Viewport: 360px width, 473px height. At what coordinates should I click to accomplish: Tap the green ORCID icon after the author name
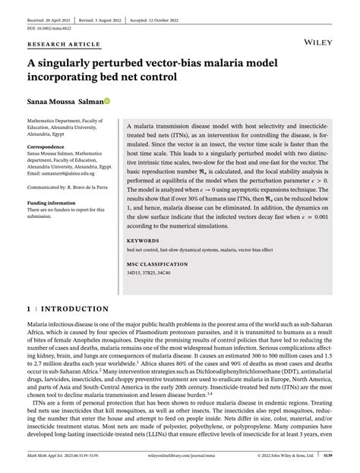[x=108, y=100]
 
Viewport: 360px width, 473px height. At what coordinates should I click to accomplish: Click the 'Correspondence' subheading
[x=47, y=146]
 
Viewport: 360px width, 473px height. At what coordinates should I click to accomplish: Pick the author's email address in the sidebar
[x=59, y=173]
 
